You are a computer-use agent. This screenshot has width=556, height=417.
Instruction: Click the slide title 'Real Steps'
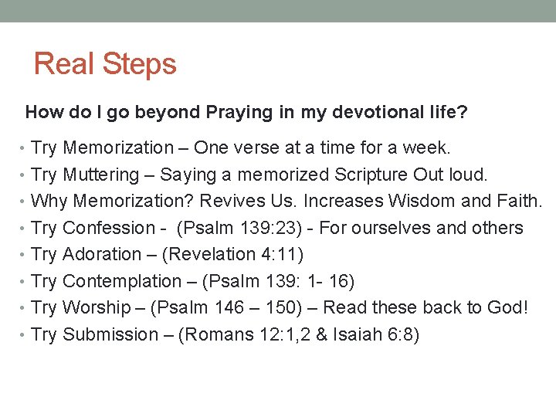pos(105,64)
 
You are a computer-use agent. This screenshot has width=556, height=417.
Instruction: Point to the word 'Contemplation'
pos(121,281)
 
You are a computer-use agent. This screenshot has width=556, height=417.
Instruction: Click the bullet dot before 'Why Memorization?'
pos(25,202)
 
